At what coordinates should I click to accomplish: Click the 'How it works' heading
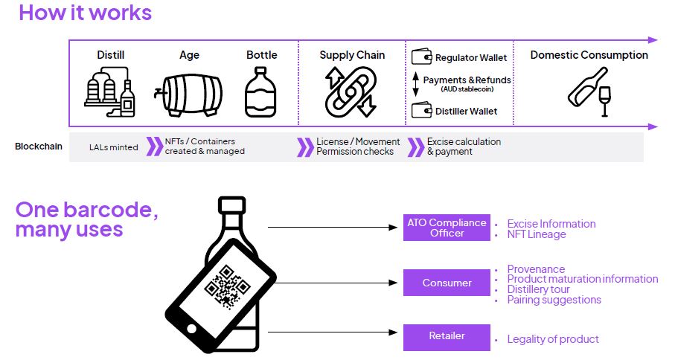(85, 13)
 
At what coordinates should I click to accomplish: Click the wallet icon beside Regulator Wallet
(421, 57)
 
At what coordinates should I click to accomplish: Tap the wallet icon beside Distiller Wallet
(421, 111)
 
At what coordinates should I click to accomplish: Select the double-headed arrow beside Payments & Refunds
(416, 84)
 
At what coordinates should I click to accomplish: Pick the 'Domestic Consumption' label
(589, 55)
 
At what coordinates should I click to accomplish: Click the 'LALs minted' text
(113, 147)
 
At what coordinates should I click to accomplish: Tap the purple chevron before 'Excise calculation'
(415, 147)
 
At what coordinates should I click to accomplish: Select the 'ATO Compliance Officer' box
(447, 228)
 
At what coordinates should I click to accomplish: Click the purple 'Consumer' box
(447, 283)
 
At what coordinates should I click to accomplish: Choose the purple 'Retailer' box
(447, 336)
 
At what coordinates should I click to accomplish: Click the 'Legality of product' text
(552, 339)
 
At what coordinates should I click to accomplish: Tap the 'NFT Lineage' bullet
(536, 234)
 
